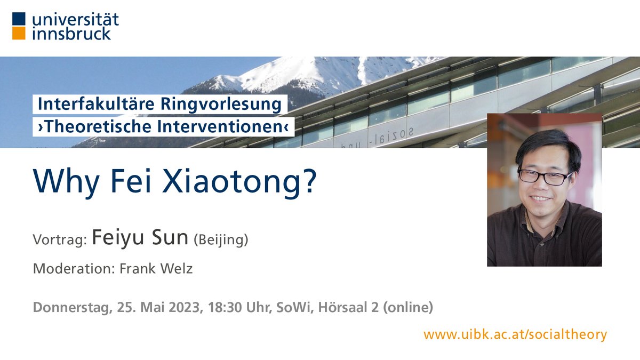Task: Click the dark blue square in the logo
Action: [19, 19]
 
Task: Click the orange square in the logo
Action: [19, 33]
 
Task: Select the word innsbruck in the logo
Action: [72, 33]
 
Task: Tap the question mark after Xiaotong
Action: [308, 182]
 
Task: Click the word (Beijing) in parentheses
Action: [221, 240]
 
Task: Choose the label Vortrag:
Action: [60, 240]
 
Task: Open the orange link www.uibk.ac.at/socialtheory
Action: [515, 334]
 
